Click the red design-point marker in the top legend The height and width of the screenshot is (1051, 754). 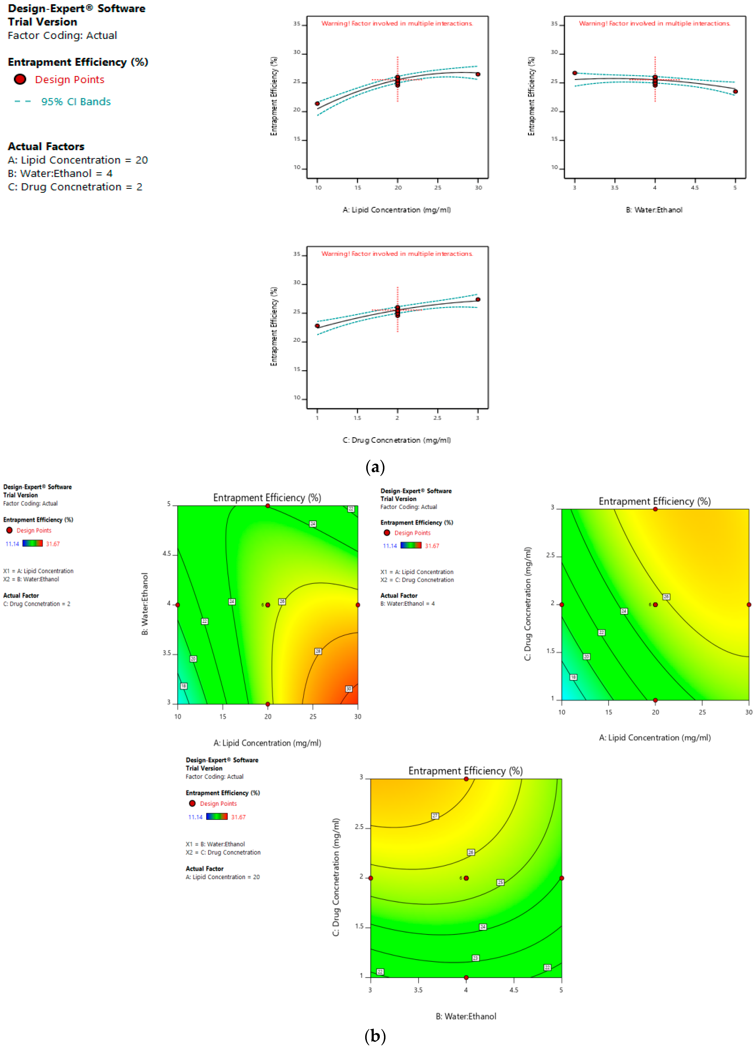[20, 79]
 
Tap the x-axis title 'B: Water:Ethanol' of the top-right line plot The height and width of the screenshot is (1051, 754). [654, 210]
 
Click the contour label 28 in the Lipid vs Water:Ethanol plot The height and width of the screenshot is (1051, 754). [318, 651]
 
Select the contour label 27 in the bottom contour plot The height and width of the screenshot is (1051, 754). [435, 816]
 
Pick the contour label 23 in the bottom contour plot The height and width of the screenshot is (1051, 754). [476, 958]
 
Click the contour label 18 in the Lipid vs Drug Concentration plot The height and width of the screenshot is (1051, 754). [573, 677]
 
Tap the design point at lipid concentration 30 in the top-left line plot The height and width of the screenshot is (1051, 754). [478, 74]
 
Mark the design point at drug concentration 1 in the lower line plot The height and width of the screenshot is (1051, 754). [317, 326]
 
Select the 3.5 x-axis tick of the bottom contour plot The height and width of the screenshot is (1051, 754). [418, 990]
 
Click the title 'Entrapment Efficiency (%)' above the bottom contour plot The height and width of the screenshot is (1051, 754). [465, 771]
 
